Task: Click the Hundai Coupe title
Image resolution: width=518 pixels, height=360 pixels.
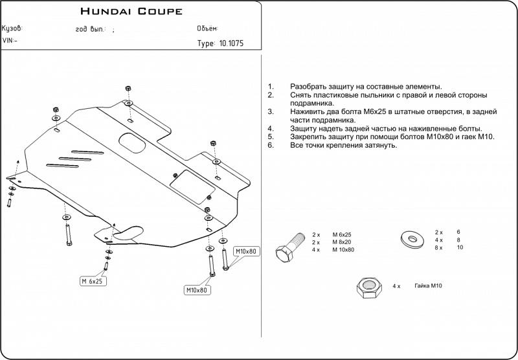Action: pos(131,11)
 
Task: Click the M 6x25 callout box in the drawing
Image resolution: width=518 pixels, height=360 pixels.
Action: pos(93,281)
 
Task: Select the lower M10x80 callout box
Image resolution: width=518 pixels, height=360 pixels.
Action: pos(196,290)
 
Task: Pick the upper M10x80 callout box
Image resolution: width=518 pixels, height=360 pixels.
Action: pos(245,251)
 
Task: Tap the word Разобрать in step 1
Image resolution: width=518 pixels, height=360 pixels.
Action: pos(311,86)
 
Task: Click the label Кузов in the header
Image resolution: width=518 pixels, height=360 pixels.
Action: pos(12,29)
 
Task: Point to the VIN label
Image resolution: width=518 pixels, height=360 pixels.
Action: pos(10,40)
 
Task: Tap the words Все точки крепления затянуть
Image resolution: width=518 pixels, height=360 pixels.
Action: pos(343,145)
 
